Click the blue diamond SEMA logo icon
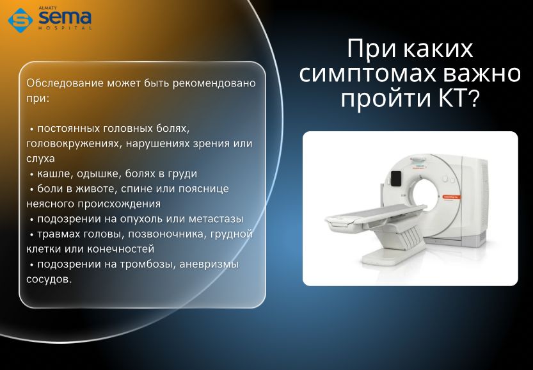click(x=20, y=20)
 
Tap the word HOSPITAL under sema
click(x=65, y=28)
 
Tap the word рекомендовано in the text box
click(x=214, y=84)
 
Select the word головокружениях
click(x=74, y=144)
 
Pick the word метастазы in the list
click(x=216, y=219)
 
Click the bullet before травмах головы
click(x=31, y=235)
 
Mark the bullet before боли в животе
click(x=31, y=189)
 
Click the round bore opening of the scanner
click(x=426, y=195)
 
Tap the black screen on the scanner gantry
click(x=396, y=178)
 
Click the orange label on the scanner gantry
click(x=452, y=197)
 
